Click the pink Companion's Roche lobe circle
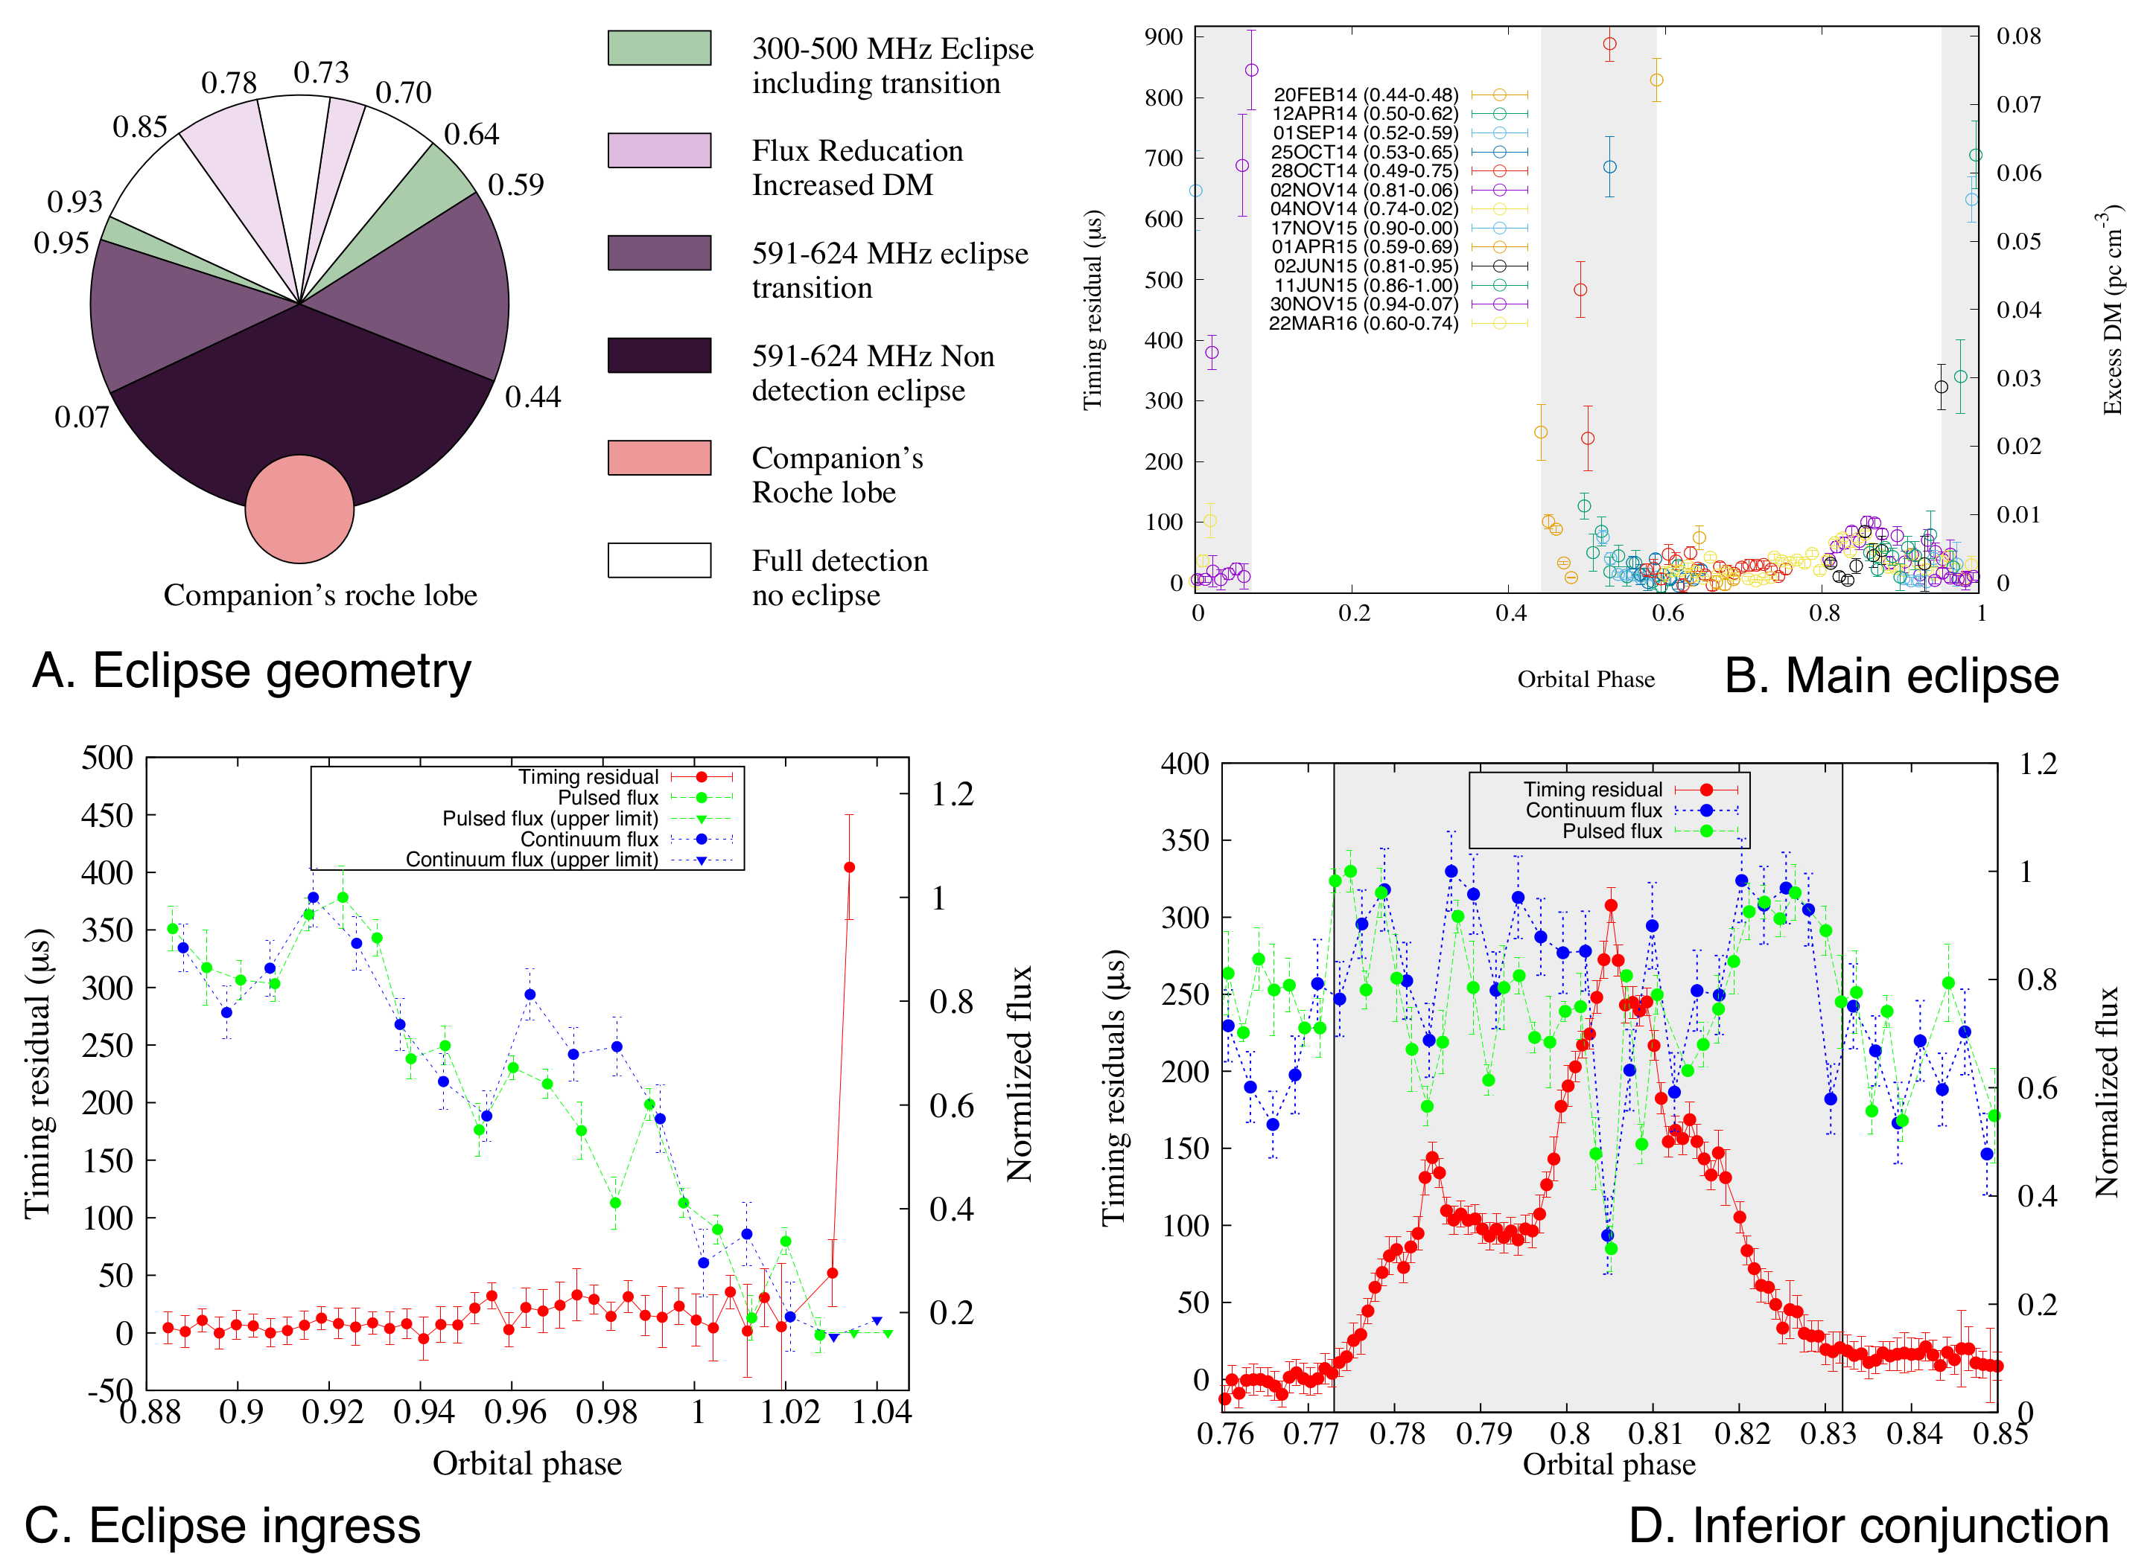[299, 509]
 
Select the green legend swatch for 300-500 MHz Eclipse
[659, 48]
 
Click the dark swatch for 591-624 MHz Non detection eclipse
[659, 355]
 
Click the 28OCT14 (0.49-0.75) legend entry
[1364, 171]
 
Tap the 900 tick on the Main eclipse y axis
[1163, 37]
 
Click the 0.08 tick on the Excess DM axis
[2018, 36]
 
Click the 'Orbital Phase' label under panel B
[1586, 680]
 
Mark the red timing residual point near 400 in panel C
[850, 866]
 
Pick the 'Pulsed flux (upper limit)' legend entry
[550, 818]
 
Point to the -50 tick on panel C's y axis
[110, 1391]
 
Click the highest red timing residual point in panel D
[1610, 906]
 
